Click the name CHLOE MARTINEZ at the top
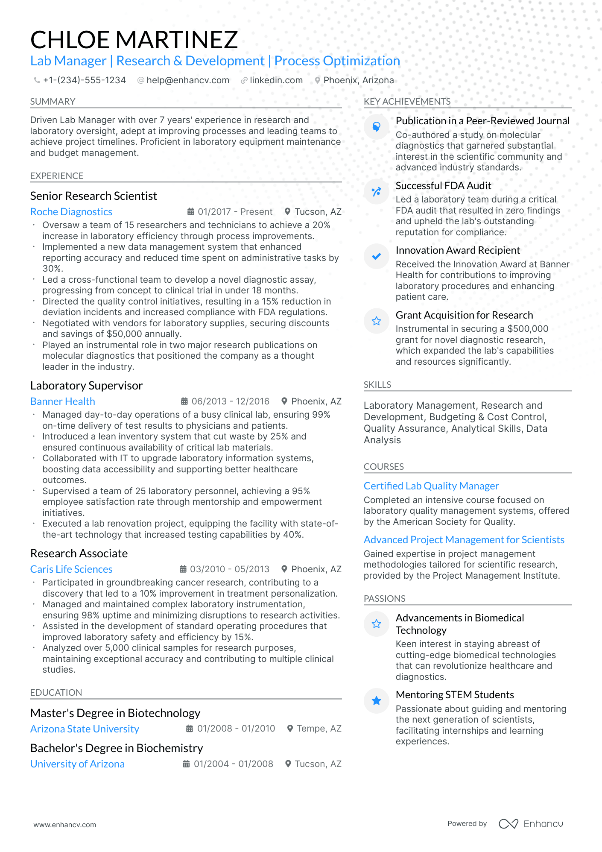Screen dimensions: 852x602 click(x=134, y=40)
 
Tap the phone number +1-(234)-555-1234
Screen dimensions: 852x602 click(x=84, y=80)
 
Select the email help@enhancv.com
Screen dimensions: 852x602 click(x=187, y=80)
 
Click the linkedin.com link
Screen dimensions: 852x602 click(x=276, y=80)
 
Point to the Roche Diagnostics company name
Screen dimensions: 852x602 click(x=71, y=212)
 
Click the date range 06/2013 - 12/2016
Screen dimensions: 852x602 click(x=230, y=401)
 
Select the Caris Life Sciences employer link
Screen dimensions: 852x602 click(x=71, y=569)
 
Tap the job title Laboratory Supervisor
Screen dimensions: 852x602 click(x=86, y=386)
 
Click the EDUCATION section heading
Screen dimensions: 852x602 click(x=56, y=693)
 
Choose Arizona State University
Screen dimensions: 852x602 click(x=85, y=729)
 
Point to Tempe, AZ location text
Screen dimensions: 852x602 click(x=319, y=729)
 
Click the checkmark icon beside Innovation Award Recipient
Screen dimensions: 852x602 click(x=376, y=256)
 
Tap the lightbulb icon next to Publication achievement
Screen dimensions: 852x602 click(x=376, y=127)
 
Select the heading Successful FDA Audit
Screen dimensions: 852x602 click(x=443, y=186)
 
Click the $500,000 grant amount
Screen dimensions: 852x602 click(x=528, y=329)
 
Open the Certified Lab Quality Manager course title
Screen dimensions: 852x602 click(x=431, y=486)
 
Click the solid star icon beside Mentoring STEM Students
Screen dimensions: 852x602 click(x=376, y=700)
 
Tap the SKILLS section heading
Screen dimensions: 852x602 click(x=377, y=385)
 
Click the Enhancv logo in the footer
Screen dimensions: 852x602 click(x=531, y=824)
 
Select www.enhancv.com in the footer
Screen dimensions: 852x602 click(x=64, y=825)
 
